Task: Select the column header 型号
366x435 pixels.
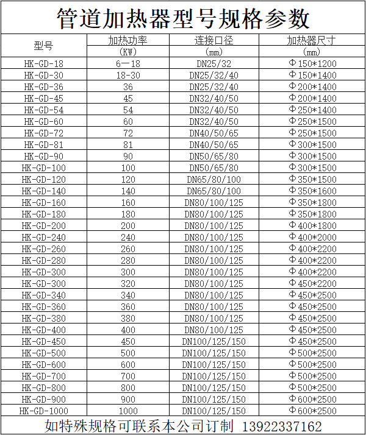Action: (43, 46)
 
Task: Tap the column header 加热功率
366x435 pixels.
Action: (128, 41)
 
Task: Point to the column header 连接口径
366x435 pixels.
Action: (213, 41)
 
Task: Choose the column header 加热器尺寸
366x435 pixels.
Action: (312, 41)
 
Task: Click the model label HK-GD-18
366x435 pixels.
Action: (43, 64)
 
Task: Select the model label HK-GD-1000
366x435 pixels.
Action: (43, 411)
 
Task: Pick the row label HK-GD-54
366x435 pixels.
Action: (43, 110)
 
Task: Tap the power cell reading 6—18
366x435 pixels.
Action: (128, 64)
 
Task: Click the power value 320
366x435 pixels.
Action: (128, 284)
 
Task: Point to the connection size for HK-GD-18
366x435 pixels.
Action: (213, 64)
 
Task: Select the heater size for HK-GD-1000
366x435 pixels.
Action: (312, 411)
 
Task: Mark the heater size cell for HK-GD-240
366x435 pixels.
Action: (312, 238)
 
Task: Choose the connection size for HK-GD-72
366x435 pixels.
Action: (213, 133)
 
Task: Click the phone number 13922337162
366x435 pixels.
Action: (282, 426)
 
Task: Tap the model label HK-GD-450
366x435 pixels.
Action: (43, 341)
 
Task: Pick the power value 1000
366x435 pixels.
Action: (128, 411)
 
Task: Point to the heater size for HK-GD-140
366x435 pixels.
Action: (312, 191)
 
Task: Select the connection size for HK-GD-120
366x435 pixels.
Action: (213, 180)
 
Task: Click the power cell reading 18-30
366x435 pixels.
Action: (128, 76)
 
